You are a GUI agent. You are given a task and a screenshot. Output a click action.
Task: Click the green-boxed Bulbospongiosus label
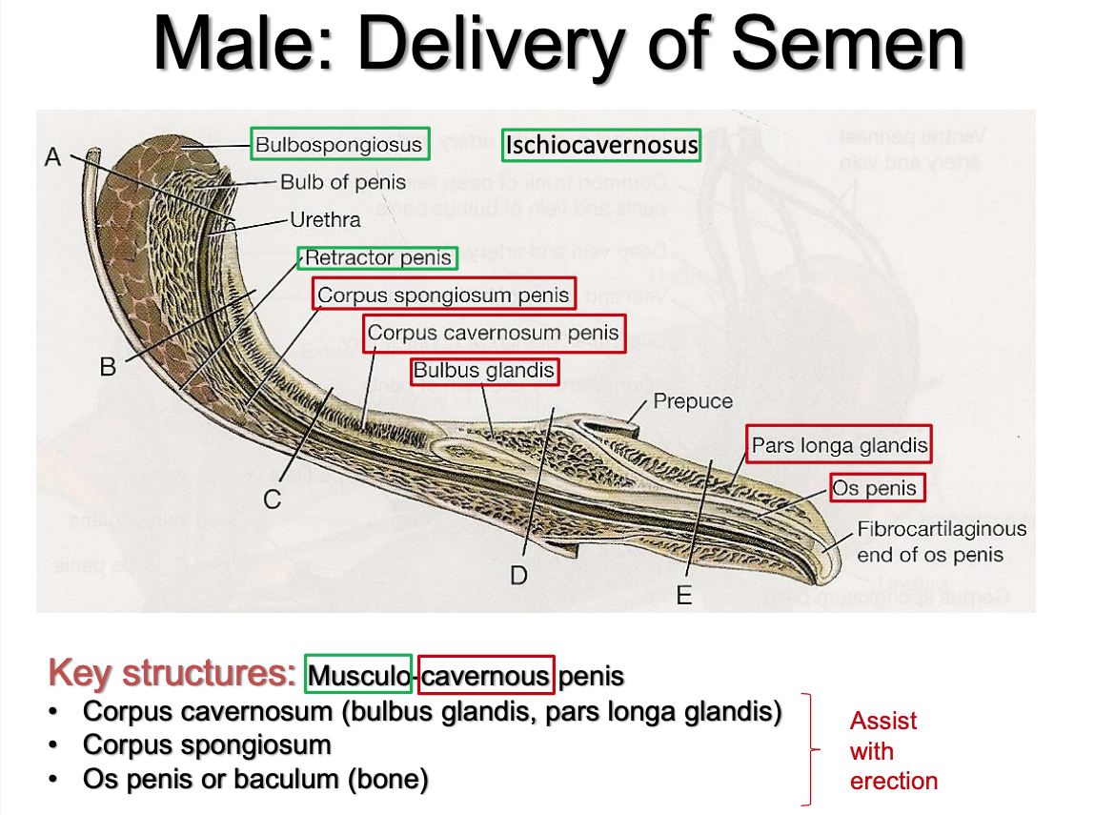tap(339, 145)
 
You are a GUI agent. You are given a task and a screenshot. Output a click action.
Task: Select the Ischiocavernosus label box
tap(601, 145)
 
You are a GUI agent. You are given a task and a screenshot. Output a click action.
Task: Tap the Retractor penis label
tap(378, 258)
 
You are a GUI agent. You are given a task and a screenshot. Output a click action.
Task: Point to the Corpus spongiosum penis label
tap(444, 295)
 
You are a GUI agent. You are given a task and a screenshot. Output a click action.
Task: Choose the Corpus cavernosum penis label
tap(494, 334)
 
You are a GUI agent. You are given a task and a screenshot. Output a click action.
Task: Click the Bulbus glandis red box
tap(483, 371)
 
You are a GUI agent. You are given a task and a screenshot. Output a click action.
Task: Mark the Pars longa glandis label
tap(839, 444)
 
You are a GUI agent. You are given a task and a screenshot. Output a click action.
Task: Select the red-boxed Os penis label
tap(875, 488)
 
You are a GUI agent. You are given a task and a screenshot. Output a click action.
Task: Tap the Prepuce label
tap(693, 401)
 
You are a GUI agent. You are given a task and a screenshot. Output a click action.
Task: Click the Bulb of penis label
tap(343, 182)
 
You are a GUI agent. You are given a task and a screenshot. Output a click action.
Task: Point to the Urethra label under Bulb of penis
tap(325, 220)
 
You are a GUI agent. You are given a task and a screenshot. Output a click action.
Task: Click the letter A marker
tap(54, 157)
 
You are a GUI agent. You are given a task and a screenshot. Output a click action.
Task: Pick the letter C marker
tap(273, 499)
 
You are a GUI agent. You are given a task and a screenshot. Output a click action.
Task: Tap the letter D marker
tap(518, 575)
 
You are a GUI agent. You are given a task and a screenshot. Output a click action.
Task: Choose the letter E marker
tap(683, 596)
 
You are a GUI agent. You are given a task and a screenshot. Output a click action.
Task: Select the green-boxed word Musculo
tap(358, 676)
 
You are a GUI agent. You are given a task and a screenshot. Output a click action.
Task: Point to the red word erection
tap(893, 781)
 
